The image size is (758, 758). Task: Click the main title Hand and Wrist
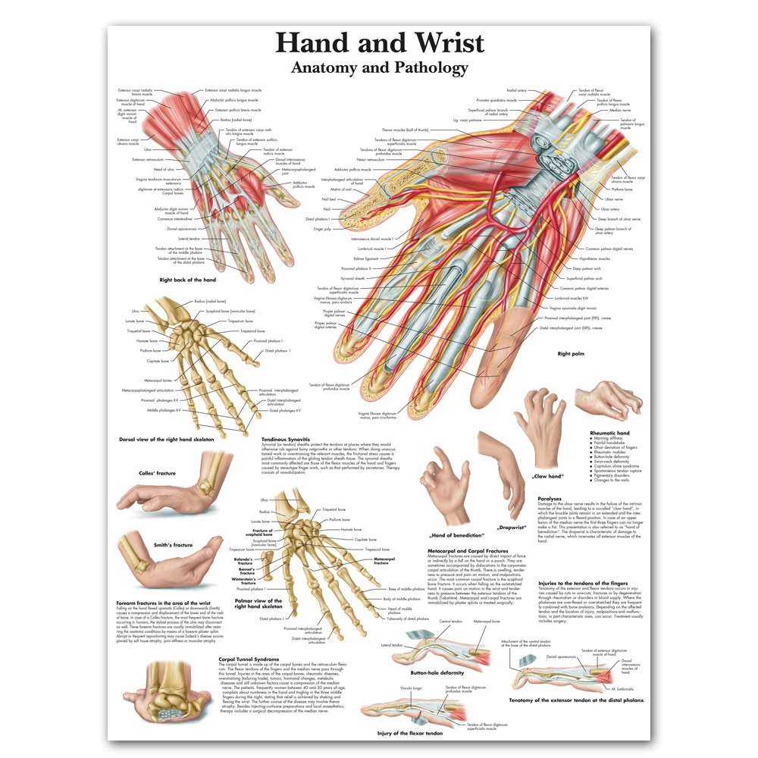[x=379, y=42]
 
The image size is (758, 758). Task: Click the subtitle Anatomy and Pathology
[x=379, y=67]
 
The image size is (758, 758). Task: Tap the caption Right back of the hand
[x=187, y=280]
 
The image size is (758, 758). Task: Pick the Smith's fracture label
[x=172, y=544]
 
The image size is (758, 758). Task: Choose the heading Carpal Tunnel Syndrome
[x=249, y=659]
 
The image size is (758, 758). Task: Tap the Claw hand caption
[x=547, y=476]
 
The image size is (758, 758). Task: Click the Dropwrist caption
[x=511, y=527]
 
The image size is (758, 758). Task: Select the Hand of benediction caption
[x=457, y=535]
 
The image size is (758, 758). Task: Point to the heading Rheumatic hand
[x=609, y=433]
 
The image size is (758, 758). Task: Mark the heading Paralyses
[x=550, y=499]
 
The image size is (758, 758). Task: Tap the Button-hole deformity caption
[x=437, y=672]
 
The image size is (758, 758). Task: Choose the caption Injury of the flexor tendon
[x=410, y=733]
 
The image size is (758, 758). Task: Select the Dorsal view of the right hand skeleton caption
[x=166, y=439]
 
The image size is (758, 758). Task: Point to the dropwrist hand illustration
[x=500, y=470]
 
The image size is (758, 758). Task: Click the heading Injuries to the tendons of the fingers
[x=583, y=582]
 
